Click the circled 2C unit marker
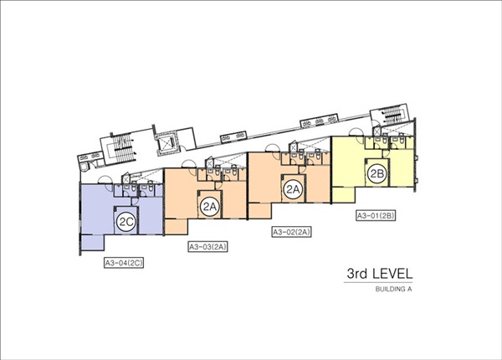(x=125, y=222)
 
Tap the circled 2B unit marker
(x=376, y=173)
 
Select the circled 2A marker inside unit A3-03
(x=209, y=207)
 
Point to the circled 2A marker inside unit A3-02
(x=293, y=189)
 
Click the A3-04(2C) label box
(x=124, y=263)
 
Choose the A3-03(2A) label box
(x=207, y=247)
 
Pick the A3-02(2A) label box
(x=292, y=232)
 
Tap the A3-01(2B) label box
(x=376, y=215)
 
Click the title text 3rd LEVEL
(x=380, y=274)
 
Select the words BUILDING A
(x=393, y=289)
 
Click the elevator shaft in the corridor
(x=166, y=143)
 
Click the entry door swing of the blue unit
(x=105, y=180)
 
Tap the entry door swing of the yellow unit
(x=356, y=132)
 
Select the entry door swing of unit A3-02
(x=273, y=148)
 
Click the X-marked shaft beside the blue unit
(x=125, y=178)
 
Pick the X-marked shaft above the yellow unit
(x=376, y=131)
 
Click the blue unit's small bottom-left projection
(x=92, y=243)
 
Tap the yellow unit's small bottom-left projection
(x=343, y=195)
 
